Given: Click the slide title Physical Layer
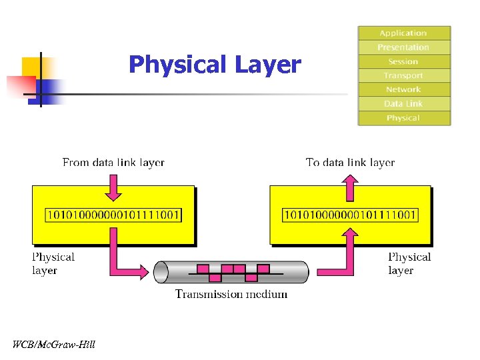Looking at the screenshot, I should tap(215, 65).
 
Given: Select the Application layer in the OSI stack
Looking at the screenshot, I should tap(403, 33).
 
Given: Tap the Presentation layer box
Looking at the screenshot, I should tap(403, 47).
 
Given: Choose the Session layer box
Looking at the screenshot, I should tap(403, 61).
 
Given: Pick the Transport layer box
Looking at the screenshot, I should tap(403, 76).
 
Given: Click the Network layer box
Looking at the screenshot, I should tap(403, 90).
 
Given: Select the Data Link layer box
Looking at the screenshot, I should tap(403, 104).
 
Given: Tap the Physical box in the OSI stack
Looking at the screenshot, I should tap(403, 118).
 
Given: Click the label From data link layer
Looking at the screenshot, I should tap(113, 163).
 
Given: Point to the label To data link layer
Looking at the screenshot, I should tap(350, 163).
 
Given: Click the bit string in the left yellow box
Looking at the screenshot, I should tap(113, 215).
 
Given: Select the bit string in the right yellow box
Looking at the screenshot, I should tap(351, 215).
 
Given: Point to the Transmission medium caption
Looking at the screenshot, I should tap(231, 294).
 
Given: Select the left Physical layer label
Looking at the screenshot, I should tap(53, 263).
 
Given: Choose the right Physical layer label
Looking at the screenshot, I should tap(409, 263).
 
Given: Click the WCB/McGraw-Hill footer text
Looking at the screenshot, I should tap(54, 345).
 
